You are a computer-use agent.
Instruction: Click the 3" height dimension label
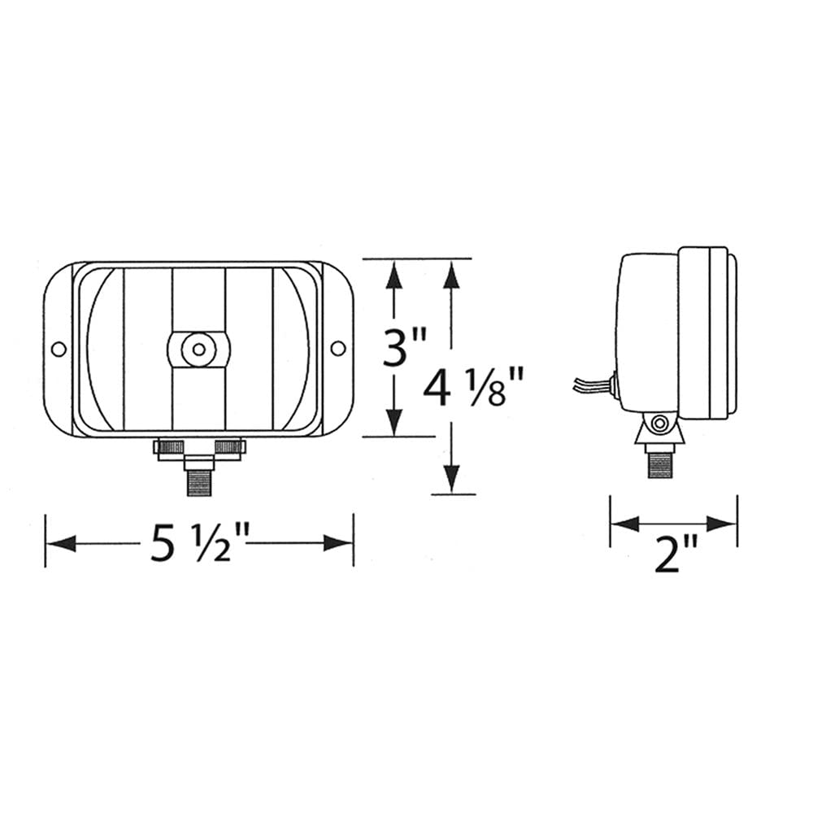pos(405,348)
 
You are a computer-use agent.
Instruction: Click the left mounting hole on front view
pos(58,349)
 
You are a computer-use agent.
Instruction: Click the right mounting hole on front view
pos(337,349)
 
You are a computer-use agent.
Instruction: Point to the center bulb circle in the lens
pos(198,350)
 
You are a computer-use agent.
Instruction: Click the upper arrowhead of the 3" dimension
pos(393,274)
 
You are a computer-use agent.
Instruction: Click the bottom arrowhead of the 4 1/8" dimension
pos(452,479)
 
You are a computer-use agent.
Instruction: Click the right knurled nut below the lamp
pos(231,446)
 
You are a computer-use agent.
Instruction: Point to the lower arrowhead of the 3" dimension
pos(393,422)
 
